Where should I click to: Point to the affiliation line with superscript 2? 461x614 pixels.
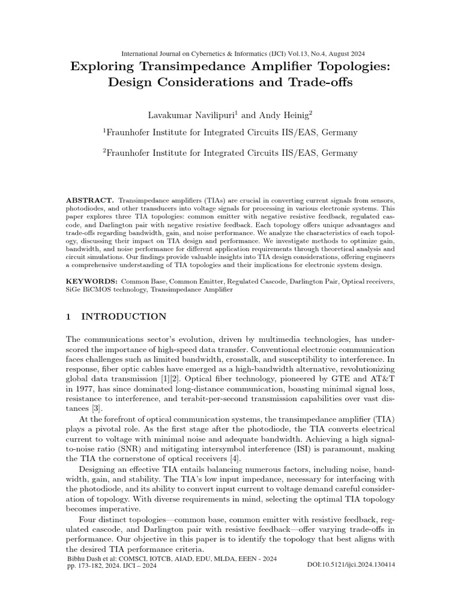(230, 153)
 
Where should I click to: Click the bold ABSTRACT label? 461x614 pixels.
(89, 199)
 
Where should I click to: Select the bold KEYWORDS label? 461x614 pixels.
(91, 280)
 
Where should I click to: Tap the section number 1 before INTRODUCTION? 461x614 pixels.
(68, 316)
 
